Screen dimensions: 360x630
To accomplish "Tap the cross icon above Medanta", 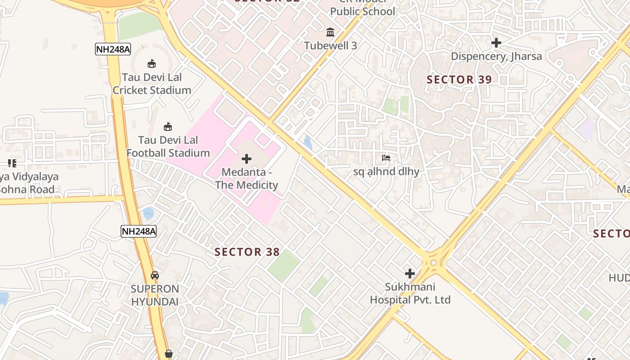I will click(x=247, y=159).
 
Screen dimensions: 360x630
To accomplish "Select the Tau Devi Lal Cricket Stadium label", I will click(x=152, y=84).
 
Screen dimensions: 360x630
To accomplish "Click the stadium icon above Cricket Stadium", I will click(x=152, y=63).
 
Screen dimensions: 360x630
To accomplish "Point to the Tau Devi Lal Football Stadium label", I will click(x=168, y=147).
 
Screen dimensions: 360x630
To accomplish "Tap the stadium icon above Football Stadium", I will click(x=168, y=126).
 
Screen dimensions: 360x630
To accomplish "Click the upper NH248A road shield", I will click(x=113, y=49).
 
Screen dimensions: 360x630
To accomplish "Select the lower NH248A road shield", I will click(x=139, y=231).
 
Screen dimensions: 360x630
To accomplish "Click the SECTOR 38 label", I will click(x=247, y=252).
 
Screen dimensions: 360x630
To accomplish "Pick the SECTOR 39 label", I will click(x=459, y=80).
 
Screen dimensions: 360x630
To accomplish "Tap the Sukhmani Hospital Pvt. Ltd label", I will click(x=410, y=293).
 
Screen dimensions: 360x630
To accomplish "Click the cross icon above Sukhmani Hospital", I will click(x=410, y=273).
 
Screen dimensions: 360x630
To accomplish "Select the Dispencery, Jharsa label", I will click(x=496, y=56).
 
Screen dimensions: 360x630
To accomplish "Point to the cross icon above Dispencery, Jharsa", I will click(x=496, y=43).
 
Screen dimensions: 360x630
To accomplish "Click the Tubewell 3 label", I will click(x=330, y=45).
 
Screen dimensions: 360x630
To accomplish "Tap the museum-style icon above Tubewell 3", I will click(x=330, y=32).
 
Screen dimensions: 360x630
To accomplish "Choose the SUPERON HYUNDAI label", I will click(x=155, y=295).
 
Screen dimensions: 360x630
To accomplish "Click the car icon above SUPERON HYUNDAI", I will click(x=155, y=275).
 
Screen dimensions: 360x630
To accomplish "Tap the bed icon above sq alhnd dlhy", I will click(x=386, y=158).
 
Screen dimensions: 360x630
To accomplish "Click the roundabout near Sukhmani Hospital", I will click(x=433, y=262).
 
